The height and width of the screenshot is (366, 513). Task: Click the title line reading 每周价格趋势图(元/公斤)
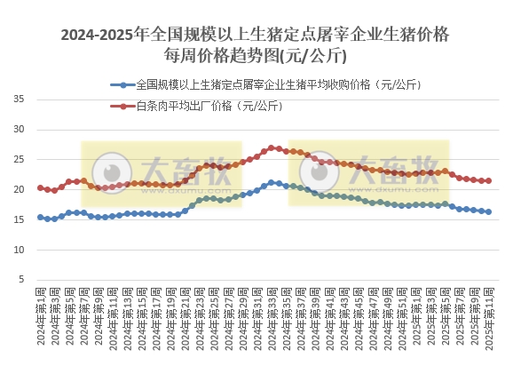pyautogui.click(x=256, y=56)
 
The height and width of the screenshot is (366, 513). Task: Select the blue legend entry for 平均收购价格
pyautogui.click(x=265, y=85)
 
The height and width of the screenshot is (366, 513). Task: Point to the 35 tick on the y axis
pyautogui.click(x=20, y=98)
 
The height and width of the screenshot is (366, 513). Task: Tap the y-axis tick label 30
pyautogui.click(x=20, y=129)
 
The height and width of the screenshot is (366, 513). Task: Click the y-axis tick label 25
pyautogui.click(x=20, y=159)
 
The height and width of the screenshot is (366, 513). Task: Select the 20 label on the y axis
pyautogui.click(x=20, y=189)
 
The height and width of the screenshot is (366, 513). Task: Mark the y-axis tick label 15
pyautogui.click(x=20, y=219)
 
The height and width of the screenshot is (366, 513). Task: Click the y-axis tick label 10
pyautogui.click(x=20, y=250)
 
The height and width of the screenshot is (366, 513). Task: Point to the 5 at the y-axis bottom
pyautogui.click(x=22, y=280)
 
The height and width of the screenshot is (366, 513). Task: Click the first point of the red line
pyautogui.click(x=40, y=187)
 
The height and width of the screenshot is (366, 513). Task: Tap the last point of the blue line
pyautogui.click(x=489, y=212)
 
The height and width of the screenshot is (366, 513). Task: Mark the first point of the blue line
pyautogui.click(x=40, y=217)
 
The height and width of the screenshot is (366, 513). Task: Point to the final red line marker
pyautogui.click(x=489, y=181)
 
